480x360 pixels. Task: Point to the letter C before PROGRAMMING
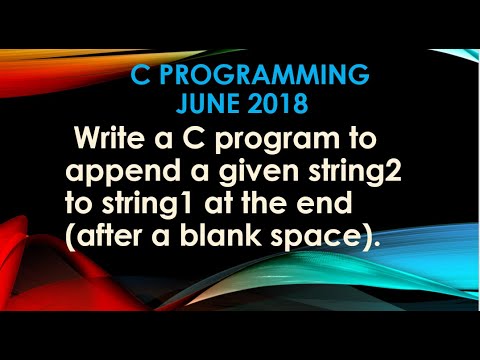[x=139, y=76]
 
